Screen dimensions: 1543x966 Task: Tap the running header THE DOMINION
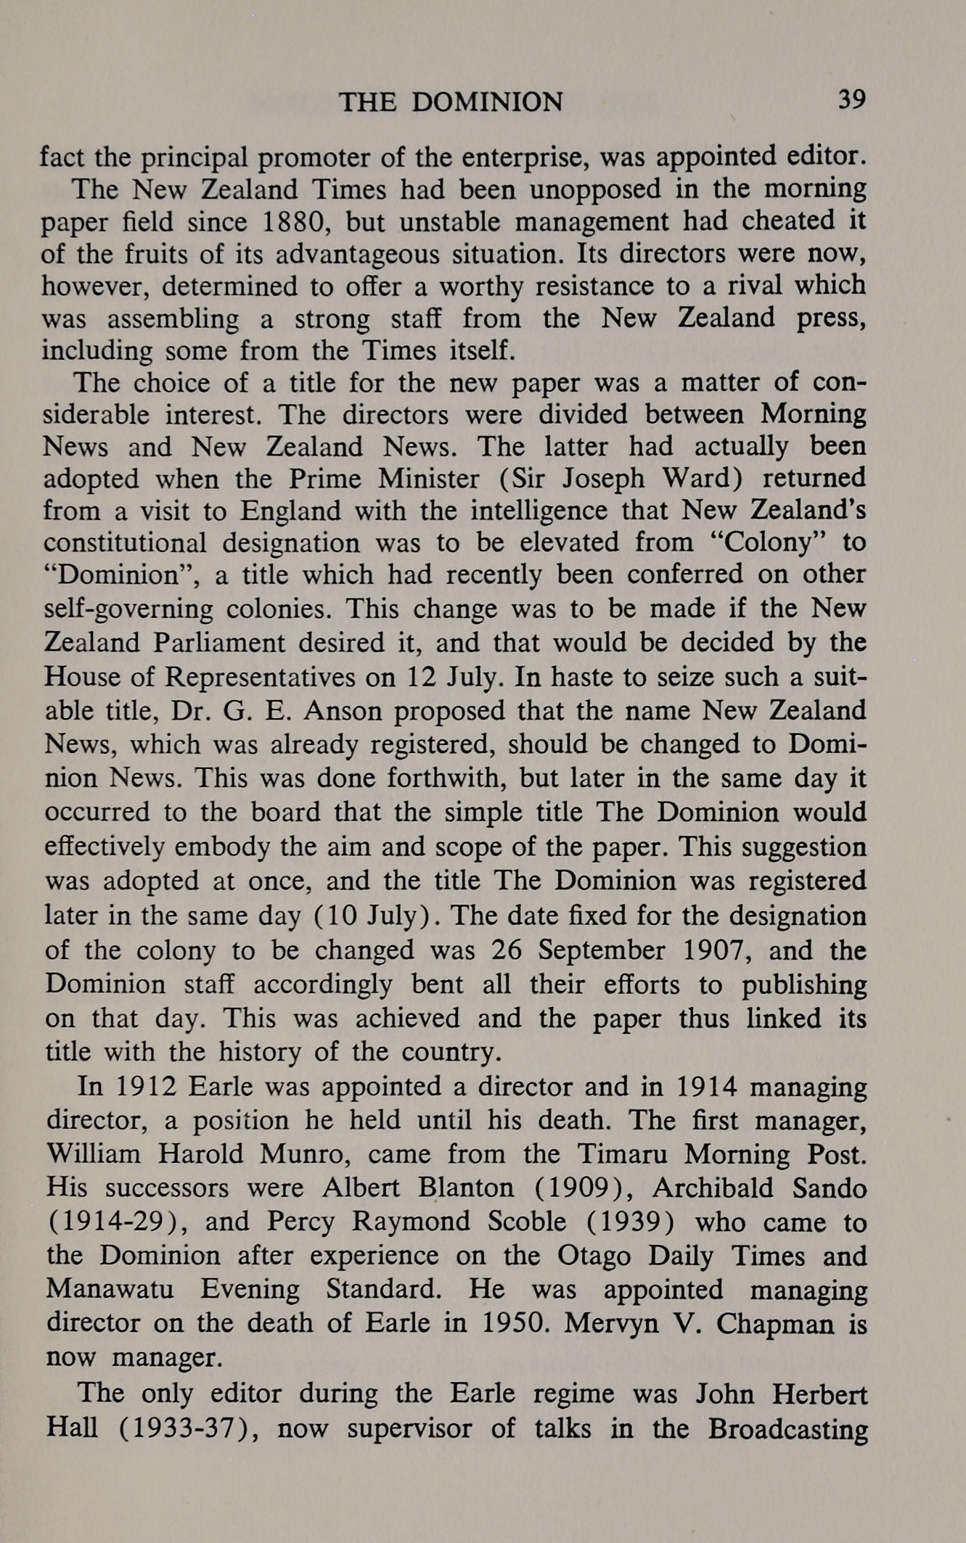pos(451,102)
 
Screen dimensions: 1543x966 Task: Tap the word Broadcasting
pos(787,1428)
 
